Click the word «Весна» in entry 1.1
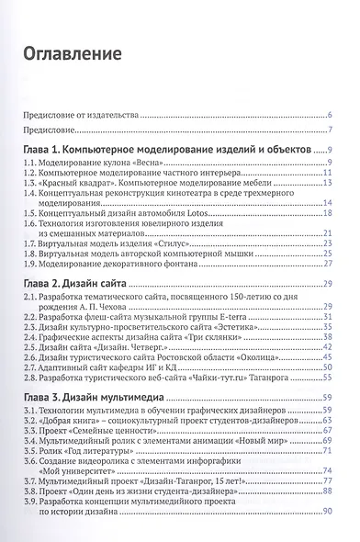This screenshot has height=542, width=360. click(135, 164)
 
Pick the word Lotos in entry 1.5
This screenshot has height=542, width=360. click(207, 212)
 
